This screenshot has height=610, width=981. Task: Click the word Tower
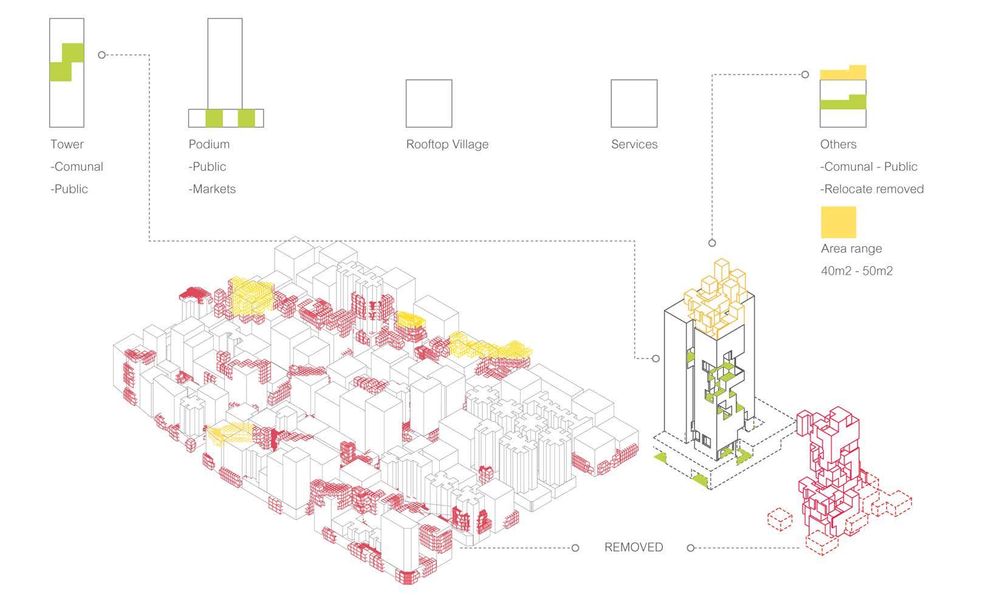(67, 145)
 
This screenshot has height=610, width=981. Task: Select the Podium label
(209, 145)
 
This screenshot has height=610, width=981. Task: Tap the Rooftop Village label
(447, 145)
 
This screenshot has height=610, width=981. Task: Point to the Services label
(634, 145)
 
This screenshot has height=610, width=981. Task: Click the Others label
(838, 145)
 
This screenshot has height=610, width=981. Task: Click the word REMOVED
(634, 547)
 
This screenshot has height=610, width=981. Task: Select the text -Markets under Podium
(212, 189)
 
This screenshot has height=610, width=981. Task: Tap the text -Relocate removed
(872, 189)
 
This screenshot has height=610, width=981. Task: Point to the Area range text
(851, 248)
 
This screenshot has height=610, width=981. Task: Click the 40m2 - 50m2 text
(856, 271)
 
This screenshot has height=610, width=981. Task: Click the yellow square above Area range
(838, 222)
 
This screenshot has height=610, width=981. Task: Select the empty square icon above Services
(634, 103)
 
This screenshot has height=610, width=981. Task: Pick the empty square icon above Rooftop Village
(429, 103)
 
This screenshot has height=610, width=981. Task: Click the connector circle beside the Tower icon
(102, 55)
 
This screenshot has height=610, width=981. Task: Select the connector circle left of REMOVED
(575, 548)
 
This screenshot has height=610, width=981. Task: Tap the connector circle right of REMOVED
(690, 548)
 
